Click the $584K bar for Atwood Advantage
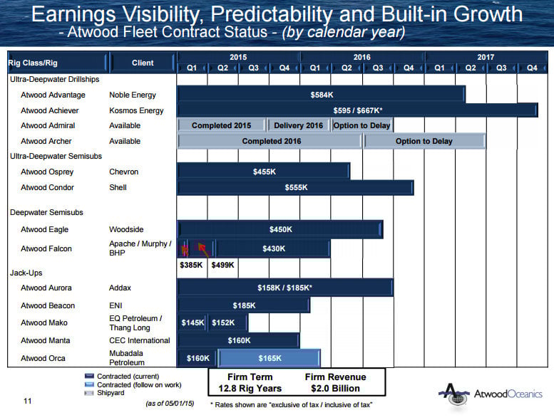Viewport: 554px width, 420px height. pos(321,94)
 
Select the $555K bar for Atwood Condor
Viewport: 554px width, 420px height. pos(295,187)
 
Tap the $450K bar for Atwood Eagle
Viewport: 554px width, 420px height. pos(280,229)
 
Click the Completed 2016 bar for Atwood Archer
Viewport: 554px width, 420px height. pos(270,141)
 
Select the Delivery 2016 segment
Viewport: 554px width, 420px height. pos(299,125)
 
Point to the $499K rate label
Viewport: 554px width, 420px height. pos(222,264)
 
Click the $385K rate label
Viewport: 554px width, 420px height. pos(191,264)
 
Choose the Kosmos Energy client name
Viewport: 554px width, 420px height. pos(136,110)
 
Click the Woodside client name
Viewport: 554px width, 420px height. pos(126,229)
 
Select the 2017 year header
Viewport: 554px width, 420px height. pos(486,56)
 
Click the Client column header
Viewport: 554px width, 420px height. pos(143,63)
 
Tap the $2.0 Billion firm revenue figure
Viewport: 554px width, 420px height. pos(335,389)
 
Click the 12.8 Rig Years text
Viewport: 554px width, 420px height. pos(250,389)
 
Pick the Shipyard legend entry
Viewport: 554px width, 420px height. pos(111,392)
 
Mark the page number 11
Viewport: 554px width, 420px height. pos(27,401)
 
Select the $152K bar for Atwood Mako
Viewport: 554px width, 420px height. pos(222,322)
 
